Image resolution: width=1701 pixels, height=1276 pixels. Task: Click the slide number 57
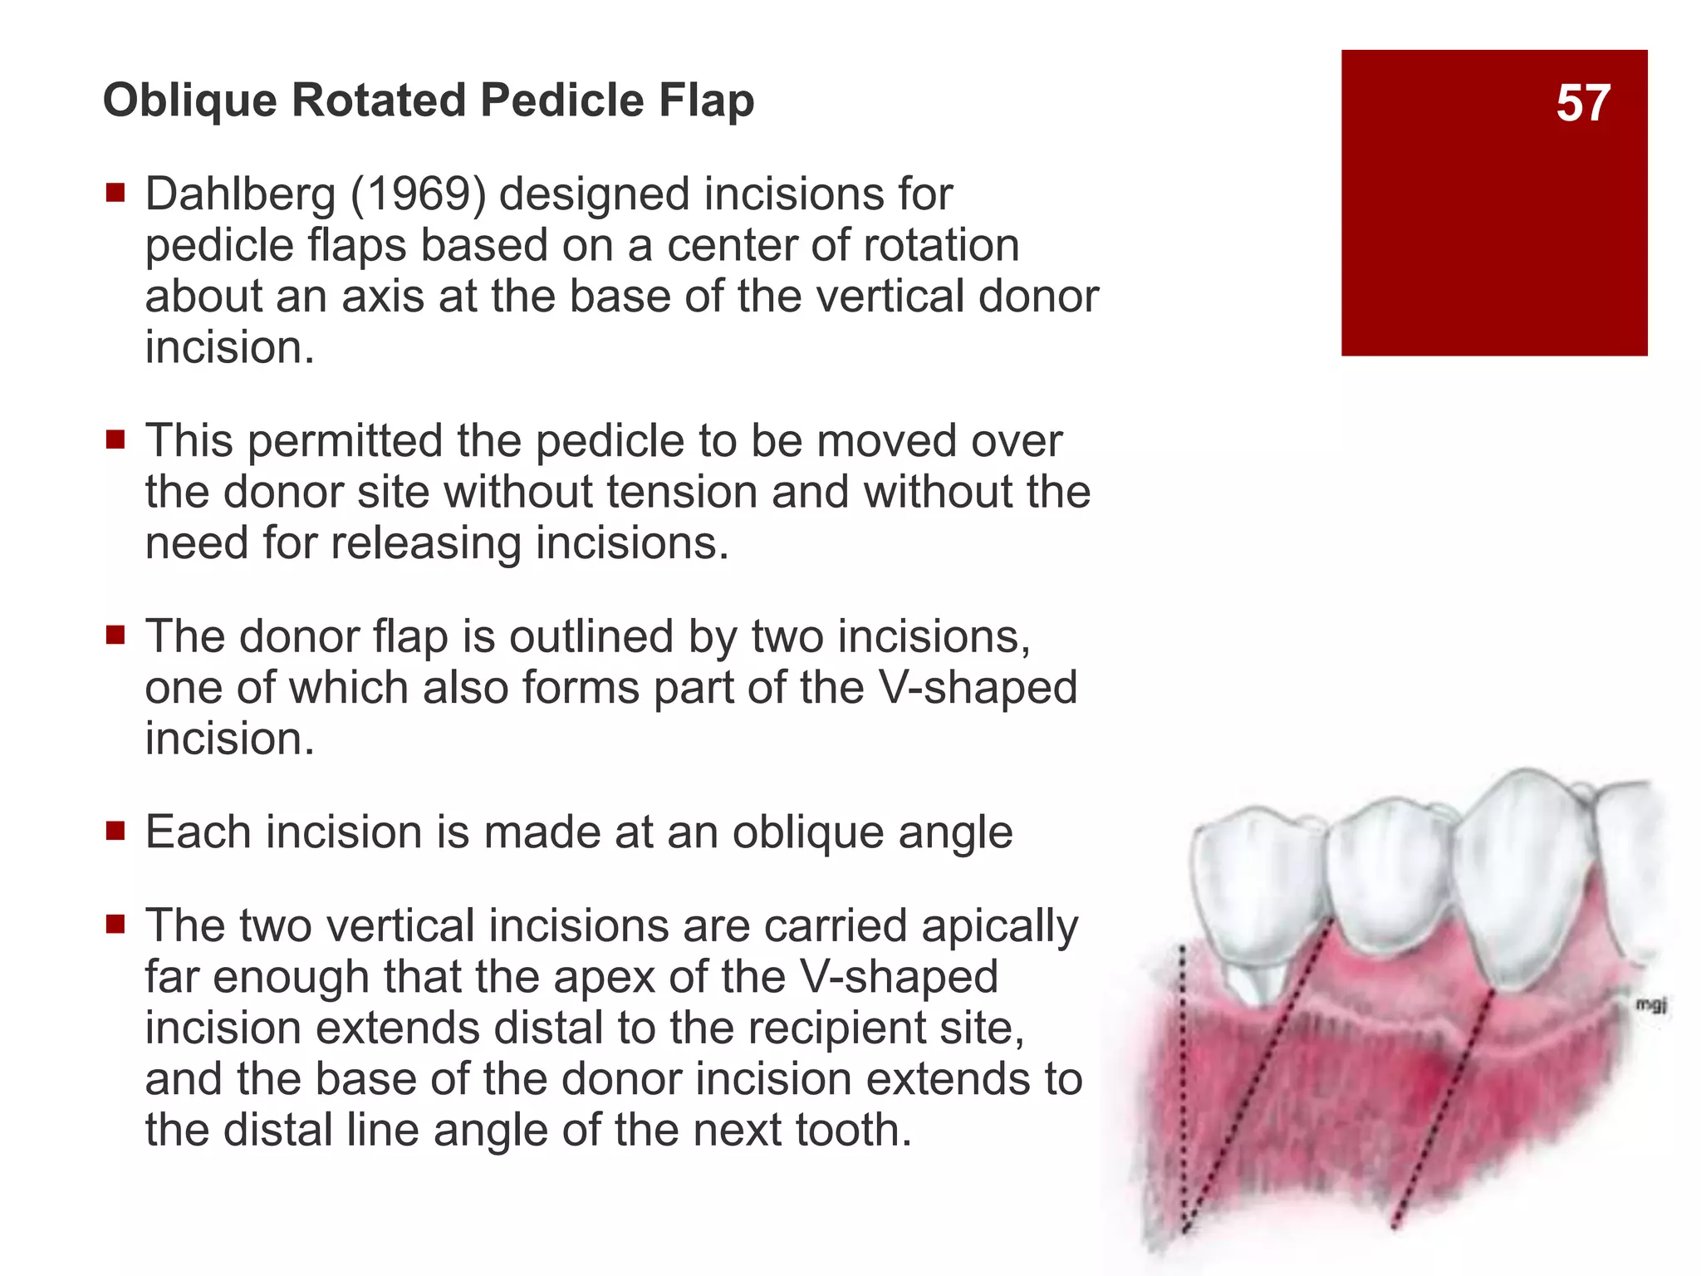click(1582, 104)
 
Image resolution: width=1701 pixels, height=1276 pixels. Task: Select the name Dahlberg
click(240, 195)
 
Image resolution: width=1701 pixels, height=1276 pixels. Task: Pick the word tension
click(684, 492)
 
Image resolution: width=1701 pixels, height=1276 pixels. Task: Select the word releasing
click(426, 543)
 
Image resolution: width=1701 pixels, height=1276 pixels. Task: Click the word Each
click(198, 832)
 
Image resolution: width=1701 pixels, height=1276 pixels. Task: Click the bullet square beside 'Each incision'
click(115, 831)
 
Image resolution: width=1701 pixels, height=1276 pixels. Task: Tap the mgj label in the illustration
click(1650, 1005)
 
